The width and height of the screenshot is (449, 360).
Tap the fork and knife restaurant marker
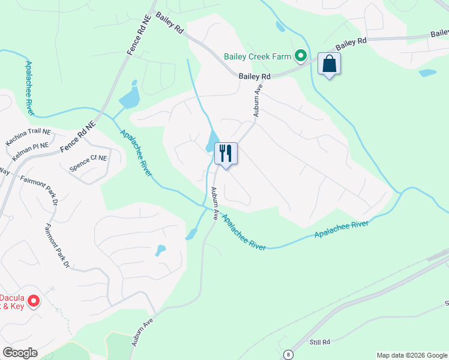(x=226, y=154)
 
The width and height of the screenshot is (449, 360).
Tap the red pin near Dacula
(x=34, y=301)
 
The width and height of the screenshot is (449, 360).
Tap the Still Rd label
(x=320, y=342)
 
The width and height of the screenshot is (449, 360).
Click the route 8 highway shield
(x=289, y=354)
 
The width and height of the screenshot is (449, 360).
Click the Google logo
(x=20, y=353)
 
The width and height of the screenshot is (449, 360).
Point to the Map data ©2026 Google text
(x=411, y=355)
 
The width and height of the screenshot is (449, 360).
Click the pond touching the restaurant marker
(x=212, y=142)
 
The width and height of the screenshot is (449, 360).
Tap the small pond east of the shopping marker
(x=427, y=73)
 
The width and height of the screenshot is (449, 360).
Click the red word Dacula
(x=11, y=296)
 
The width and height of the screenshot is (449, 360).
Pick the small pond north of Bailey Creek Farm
(x=280, y=26)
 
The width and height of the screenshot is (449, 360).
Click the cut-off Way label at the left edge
(x=5, y=172)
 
